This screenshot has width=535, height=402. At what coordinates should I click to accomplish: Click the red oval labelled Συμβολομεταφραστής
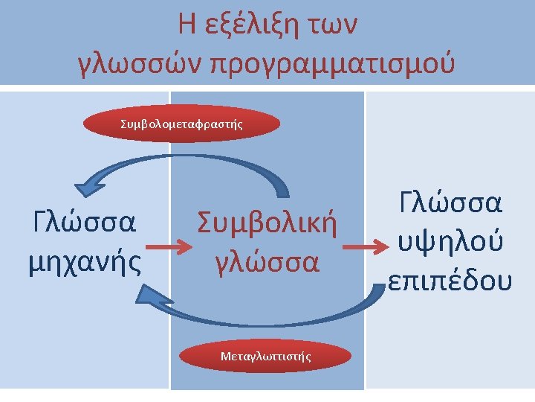point(181,124)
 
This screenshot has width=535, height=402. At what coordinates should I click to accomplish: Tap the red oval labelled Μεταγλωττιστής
point(265,357)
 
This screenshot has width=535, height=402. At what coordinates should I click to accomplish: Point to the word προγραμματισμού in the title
point(332,66)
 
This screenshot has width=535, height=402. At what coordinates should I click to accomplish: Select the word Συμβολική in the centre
point(267,223)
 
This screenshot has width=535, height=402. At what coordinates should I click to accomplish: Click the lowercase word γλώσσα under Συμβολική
point(267,262)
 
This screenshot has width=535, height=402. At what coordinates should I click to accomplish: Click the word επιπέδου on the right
point(449,278)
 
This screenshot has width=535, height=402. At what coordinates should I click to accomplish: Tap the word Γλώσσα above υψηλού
point(449,203)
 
